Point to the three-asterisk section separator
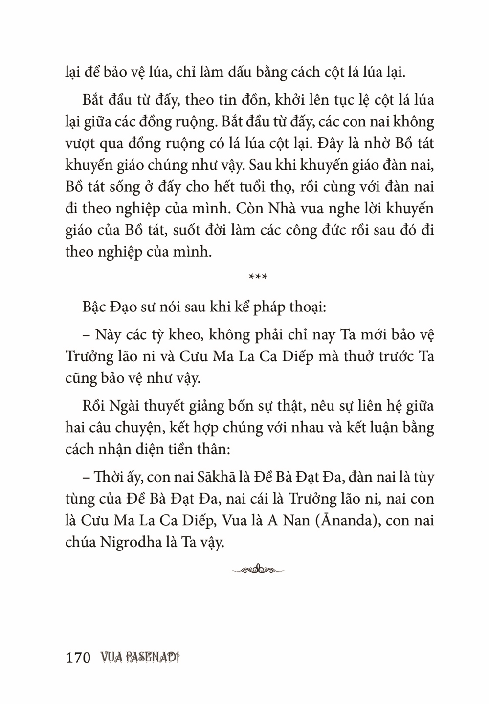pyautogui.click(x=258, y=277)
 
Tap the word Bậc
pyautogui.click(x=95, y=308)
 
